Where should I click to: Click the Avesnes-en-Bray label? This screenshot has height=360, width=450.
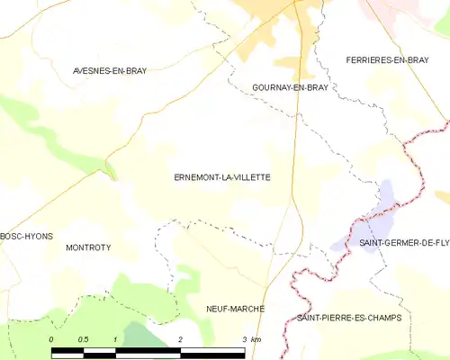coord(110,69)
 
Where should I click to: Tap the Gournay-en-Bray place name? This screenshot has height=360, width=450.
coord(283,87)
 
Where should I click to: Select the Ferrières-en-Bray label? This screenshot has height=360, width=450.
coord(387,59)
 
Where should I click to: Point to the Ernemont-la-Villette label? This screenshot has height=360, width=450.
coord(222,177)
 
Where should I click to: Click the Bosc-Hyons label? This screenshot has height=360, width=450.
coord(26,236)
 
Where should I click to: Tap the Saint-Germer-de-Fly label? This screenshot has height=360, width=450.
coord(404,244)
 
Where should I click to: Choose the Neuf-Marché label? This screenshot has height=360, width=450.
coord(235,309)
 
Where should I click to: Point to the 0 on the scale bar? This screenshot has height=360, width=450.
coord(52,339)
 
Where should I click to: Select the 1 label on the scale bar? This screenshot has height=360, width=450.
coord(116,339)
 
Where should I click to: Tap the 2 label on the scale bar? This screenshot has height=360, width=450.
coord(181,339)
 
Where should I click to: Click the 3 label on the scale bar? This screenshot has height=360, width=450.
coord(244,339)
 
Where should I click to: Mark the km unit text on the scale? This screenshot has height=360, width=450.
coord(256,339)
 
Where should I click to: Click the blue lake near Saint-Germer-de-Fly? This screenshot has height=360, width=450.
coord(386,193)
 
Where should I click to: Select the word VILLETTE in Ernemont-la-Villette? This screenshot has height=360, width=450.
coord(250,177)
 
